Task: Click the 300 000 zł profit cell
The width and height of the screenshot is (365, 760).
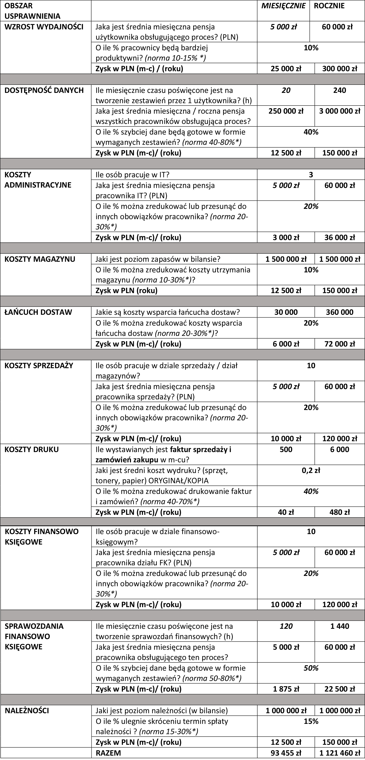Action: click(x=340, y=69)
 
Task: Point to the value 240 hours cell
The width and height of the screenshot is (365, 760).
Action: click(x=340, y=90)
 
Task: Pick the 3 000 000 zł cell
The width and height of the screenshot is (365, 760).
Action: click(x=340, y=111)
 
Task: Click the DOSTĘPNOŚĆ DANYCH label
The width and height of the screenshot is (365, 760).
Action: click(x=44, y=90)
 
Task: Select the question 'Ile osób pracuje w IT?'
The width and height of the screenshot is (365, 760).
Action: click(x=132, y=175)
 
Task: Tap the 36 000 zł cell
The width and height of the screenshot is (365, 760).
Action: click(x=340, y=237)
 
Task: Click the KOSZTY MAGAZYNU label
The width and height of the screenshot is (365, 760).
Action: click(x=40, y=259)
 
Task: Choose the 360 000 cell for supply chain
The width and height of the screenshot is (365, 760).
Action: click(x=340, y=312)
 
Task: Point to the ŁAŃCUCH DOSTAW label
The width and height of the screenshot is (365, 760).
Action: click(x=38, y=312)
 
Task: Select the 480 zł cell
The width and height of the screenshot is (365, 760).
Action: click(x=340, y=512)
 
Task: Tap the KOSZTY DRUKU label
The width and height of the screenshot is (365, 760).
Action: click(x=32, y=450)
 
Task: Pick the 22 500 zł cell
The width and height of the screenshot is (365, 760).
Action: click(x=340, y=689)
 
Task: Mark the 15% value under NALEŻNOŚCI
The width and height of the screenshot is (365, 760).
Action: click(x=311, y=721)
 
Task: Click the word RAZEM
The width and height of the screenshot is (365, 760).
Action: click(x=108, y=753)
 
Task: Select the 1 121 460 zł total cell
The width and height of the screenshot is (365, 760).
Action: click(x=340, y=753)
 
